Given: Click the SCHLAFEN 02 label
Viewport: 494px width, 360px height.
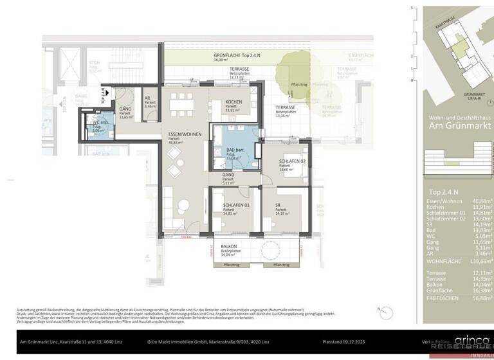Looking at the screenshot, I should point(291,161).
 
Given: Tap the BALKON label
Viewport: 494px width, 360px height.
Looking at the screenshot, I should point(228,247).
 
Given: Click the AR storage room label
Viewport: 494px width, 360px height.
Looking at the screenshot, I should point(147,98).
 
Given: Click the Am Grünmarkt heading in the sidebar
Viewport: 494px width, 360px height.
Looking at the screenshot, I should point(460,126).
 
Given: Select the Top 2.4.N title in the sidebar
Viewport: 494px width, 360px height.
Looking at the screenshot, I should point(441,193).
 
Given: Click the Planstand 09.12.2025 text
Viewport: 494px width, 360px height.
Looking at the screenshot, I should point(347,341).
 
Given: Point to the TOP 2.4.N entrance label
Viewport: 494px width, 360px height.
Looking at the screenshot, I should point(103,96).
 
